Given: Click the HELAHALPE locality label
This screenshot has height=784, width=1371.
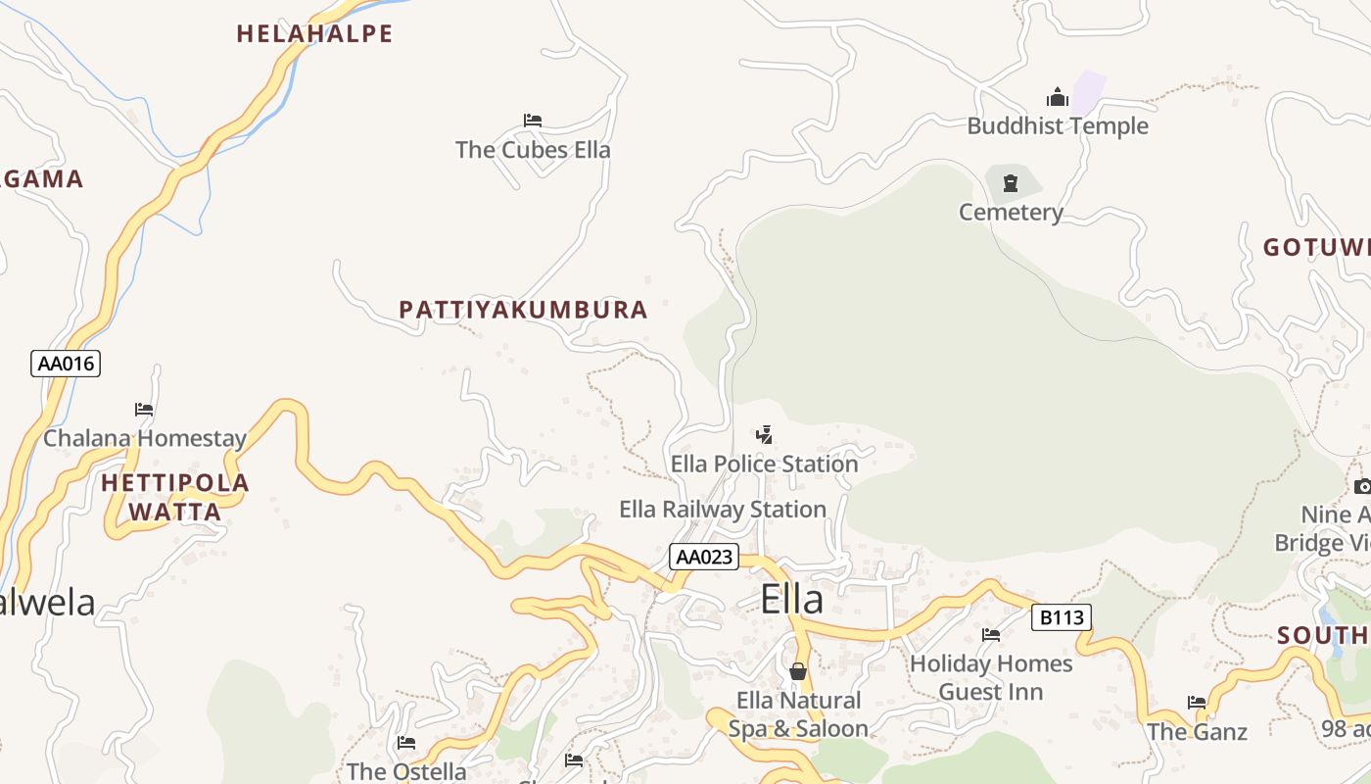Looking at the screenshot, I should (x=314, y=34).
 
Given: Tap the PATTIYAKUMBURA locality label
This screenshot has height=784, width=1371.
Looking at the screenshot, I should (x=523, y=310).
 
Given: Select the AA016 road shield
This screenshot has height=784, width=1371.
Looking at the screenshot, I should (x=66, y=364).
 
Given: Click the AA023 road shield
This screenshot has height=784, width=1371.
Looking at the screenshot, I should (x=704, y=557).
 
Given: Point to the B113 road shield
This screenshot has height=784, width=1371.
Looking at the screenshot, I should (x=1062, y=617).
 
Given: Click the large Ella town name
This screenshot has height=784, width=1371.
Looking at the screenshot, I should (x=791, y=600).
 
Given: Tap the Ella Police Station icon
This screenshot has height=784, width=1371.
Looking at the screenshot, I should (x=765, y=434).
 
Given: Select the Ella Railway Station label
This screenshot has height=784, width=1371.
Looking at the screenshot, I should (x=723, y=510).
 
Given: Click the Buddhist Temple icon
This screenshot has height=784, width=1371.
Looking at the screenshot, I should (x=1057, y=97).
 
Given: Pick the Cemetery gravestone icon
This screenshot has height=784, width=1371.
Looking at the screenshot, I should (x=1011, y=182).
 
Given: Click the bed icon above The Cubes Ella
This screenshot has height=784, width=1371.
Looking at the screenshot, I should (x=533, y=121).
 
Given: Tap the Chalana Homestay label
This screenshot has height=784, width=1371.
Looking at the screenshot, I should (x=144, y=438).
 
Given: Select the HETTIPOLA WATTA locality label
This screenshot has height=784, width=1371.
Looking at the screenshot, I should (x=175, y=497).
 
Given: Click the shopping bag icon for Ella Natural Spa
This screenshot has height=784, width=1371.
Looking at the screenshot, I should (x=798, y=671).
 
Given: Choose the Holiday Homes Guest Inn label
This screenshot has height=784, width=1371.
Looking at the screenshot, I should (x=991, y=677).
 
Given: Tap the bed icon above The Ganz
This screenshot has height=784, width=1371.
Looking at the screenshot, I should (x=1197, y=702).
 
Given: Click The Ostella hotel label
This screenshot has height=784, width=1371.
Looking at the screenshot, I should (x=406, y=771).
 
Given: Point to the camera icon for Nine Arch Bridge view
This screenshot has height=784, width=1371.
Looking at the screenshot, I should (x=1362, y=486).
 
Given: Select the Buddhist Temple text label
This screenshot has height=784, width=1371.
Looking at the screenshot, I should (x=1058, y=126).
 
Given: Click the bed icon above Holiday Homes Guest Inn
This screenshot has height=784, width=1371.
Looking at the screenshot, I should (x=991, y=635).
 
